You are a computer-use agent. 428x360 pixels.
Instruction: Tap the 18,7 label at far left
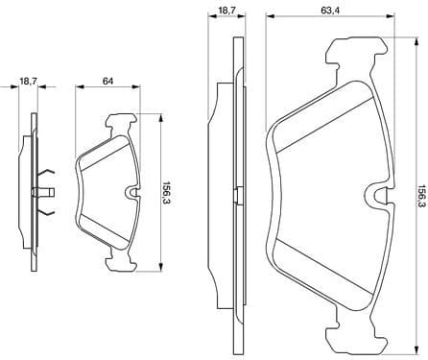point(30,84)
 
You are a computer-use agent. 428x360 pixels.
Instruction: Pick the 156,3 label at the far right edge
point(421,192)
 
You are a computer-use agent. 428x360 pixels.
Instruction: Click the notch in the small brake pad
point(130,192)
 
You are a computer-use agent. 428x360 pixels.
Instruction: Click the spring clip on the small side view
point(48,190)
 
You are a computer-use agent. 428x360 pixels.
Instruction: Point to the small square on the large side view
point(233,192)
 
